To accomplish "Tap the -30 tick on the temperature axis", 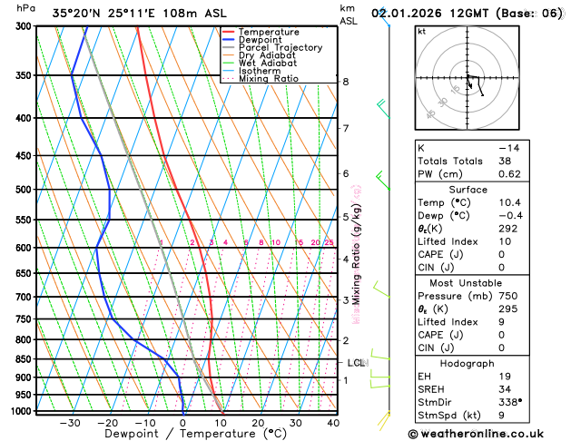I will pyautogui.click(x=70, y=423).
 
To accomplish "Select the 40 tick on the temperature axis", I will pyautogui.click(x=333, y=423).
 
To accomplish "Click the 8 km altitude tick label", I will pyautogui.click(x=346, y=82).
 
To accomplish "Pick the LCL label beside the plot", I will pyautogui.click(x=357, y=363).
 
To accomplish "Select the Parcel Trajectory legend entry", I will pyautogui.click(x=280, y=48).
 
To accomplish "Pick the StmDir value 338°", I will pyautogui.click(x=509, y=401).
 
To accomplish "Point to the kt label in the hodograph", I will pyautogui.click(x=421, y=32).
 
